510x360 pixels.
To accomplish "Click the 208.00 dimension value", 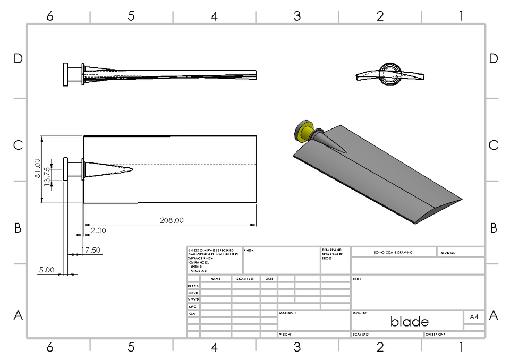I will (171, 220).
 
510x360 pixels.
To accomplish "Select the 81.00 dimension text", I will (37, 168).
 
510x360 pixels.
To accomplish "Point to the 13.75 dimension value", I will (47, 175).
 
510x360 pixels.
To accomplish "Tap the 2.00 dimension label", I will (98, 230).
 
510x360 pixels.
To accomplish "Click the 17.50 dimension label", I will (91, 250).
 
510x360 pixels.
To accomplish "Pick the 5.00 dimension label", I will (47, 270).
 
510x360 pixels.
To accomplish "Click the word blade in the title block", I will (409, 321).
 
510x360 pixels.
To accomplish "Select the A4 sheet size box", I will (474, 316).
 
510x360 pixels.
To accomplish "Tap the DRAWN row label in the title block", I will (193, 286).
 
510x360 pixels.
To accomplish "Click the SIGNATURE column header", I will (245, 278).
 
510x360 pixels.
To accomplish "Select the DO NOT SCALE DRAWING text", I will (393, 253).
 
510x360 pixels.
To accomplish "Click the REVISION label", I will (448, 253).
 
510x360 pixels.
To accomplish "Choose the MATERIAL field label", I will (287, 313).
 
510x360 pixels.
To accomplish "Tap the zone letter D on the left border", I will (18, 59).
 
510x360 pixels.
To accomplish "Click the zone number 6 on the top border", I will (49, 16).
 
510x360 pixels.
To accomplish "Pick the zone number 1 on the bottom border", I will (461, 347).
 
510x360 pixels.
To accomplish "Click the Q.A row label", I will (192, 314).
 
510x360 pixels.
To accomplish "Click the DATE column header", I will (269, 278).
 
